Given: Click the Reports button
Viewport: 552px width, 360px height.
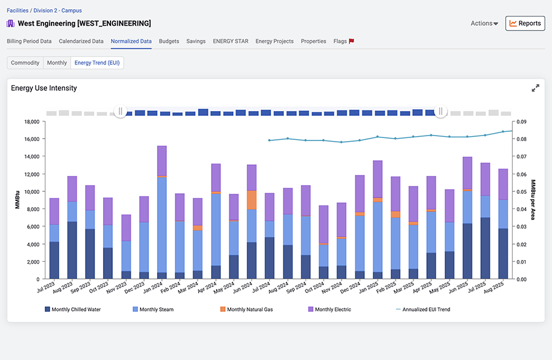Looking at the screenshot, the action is tap(525, 23).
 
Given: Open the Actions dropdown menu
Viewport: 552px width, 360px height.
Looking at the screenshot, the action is tap(484, 23).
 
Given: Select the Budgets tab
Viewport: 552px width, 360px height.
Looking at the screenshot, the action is tap(169, 41).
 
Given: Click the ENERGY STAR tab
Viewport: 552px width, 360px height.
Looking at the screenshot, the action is tap(231, 41).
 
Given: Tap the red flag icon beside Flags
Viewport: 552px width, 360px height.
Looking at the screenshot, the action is tap(351, 41).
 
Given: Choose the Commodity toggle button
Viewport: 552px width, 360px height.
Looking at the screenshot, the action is tap(25, 63).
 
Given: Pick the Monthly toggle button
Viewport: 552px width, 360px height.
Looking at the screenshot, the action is tap(57, 63).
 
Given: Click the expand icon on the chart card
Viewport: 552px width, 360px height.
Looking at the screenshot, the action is tap(535, 88).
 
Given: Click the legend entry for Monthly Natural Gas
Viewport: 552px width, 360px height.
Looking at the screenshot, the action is tap(247, 309).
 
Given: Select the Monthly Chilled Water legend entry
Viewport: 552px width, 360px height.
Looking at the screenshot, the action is tap(72, 309).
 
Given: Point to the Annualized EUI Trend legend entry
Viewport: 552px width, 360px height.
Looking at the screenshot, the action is tap(423, 309).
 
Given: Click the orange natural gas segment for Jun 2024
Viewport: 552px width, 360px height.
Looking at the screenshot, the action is tap(251, 200).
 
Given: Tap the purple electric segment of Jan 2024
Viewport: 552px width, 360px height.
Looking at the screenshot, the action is tap(162, 161).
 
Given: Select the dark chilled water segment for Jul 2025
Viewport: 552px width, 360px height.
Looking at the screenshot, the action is tap(486, 248).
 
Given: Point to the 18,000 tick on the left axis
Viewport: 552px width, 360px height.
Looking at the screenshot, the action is tap(32, 122).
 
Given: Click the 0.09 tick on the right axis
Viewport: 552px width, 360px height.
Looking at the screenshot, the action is tap(521, 122).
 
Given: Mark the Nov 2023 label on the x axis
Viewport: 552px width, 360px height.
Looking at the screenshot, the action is tap(117, 288).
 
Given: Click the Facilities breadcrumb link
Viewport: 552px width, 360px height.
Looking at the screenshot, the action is tap(18, 10).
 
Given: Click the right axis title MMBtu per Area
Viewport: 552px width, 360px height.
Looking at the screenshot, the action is tap(533, 199).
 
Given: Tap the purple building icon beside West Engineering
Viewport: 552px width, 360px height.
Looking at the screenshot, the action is tap(10, 23).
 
